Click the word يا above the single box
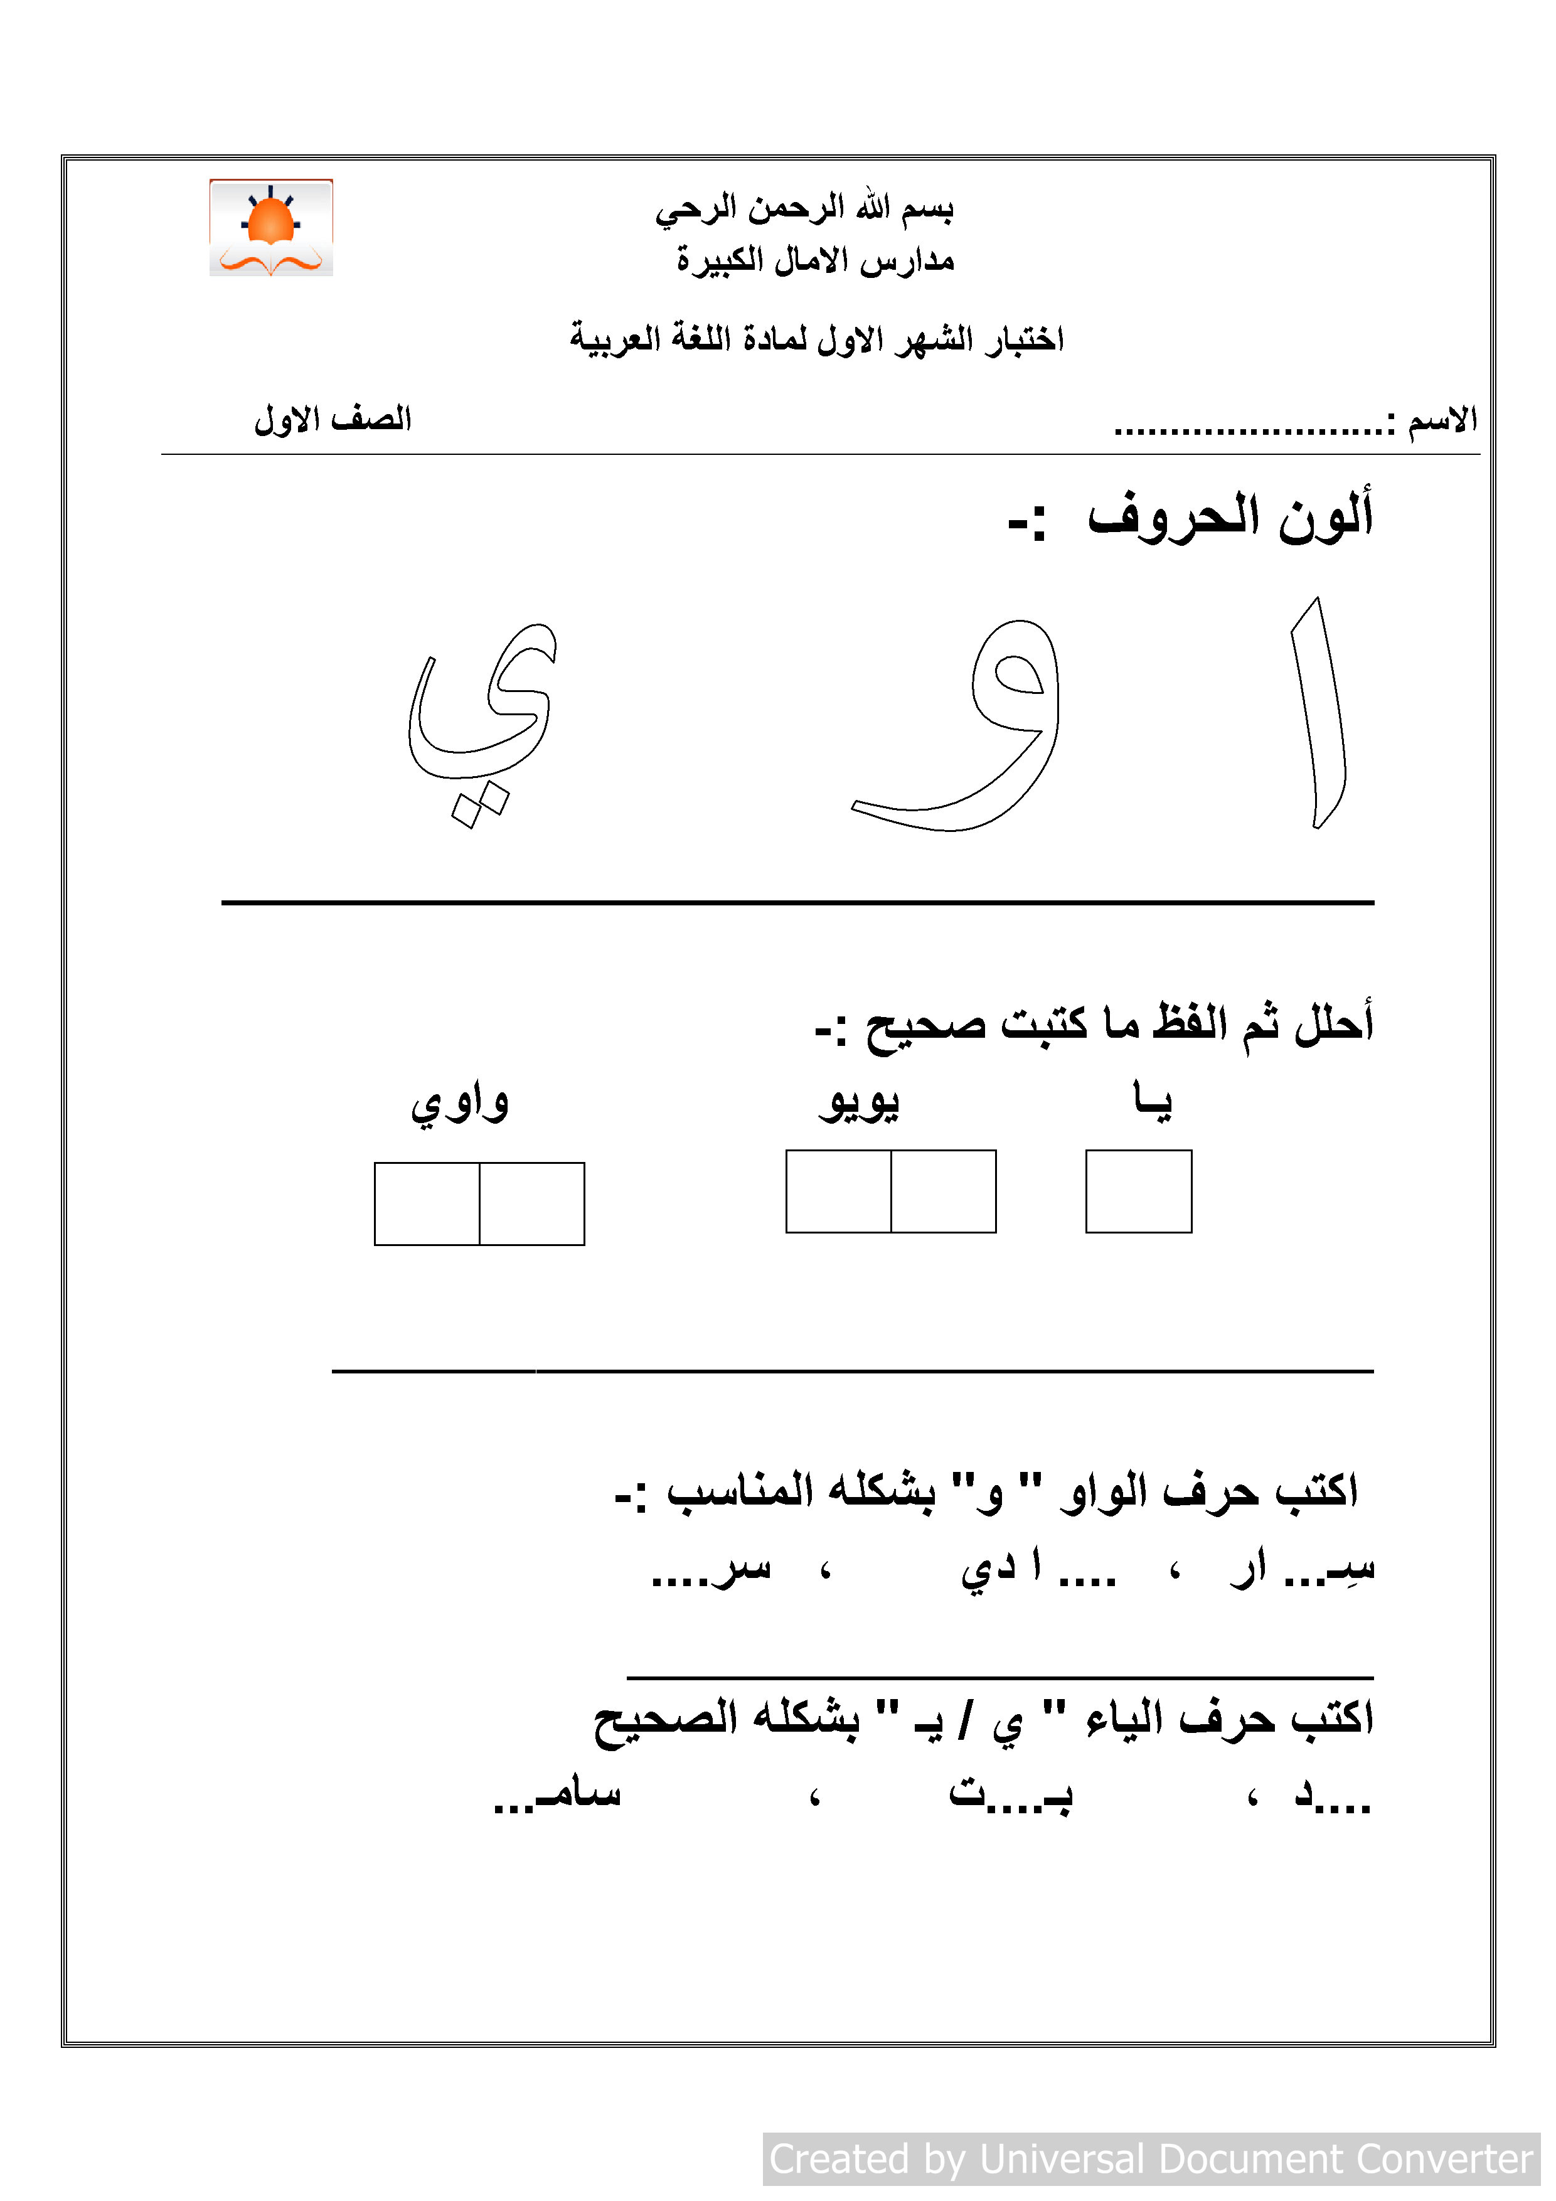click(1151, 1100)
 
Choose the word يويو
click(859, 1102)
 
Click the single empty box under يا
click(1138, 1191)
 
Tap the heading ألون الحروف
click(1230, 517)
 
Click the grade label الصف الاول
click(333, 419)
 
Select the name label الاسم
click(1442, 420)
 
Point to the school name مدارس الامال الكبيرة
click(815, 260)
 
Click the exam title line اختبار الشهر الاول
click(816, 338)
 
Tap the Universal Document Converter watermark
click(1151, 2159)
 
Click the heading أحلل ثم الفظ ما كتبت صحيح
click(1093, 1024)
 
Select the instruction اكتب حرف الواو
click(988, 1491)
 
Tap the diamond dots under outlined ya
click(479, 804)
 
